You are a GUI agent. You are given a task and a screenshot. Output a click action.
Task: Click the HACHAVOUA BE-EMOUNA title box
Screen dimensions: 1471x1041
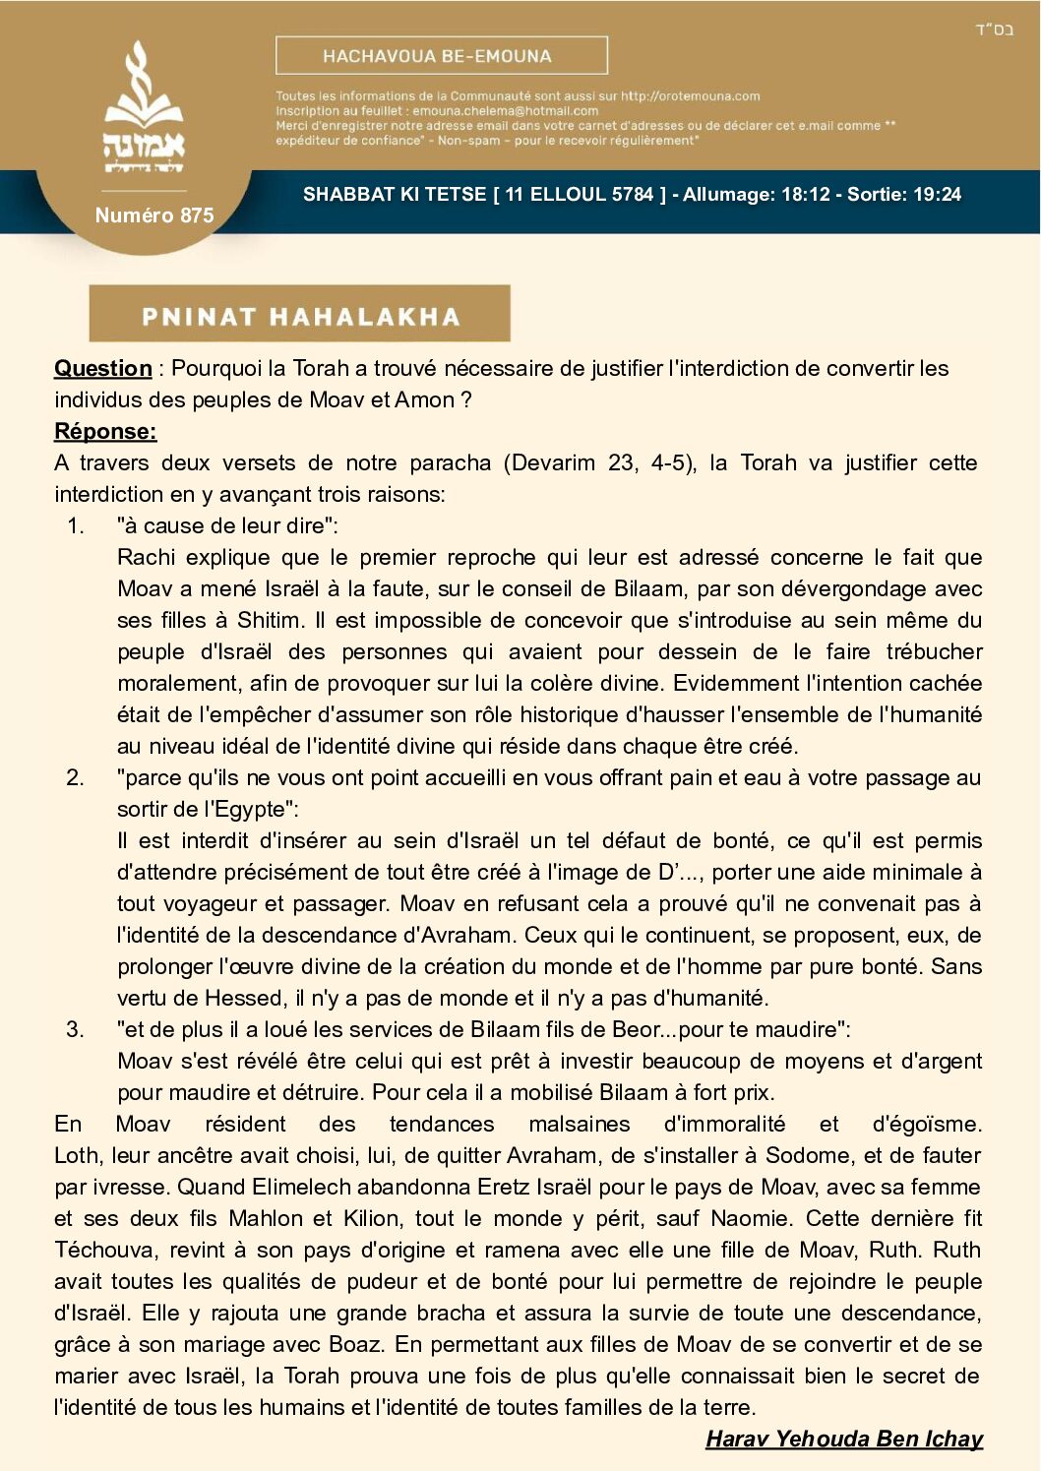[x=441, y=56]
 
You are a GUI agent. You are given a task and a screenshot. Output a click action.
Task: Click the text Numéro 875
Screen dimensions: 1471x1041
[x=154, y=215]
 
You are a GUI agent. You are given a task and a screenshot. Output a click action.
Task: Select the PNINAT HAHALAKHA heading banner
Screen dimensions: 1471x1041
[x=300, y=316]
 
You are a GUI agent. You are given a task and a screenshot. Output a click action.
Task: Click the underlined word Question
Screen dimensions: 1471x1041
[x=103, y=369]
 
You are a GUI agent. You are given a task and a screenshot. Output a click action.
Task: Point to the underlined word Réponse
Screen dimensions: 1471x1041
[x=105, y=432]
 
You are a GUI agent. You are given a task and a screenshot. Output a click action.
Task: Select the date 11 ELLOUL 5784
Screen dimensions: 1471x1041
[x=580, y=195]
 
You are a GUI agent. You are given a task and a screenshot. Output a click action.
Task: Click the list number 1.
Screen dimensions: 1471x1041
[x=76, y=526]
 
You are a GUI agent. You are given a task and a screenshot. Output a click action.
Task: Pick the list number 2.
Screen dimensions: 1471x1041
[x=76, y=778]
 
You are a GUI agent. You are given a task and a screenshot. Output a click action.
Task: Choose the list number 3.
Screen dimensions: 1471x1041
[x=76, y=1030]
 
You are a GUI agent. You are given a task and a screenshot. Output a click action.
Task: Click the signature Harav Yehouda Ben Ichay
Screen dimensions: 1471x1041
[x=844, y=1440]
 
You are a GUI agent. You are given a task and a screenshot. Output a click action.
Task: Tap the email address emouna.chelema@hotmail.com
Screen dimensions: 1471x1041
[x=505, y=111]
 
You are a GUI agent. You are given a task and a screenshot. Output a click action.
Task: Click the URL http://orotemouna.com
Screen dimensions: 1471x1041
[x=690, y=96]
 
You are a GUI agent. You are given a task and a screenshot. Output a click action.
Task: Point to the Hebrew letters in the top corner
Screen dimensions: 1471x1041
[x=994, y=30]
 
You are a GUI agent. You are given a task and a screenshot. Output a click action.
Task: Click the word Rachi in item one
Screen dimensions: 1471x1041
[x=146, y=558]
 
